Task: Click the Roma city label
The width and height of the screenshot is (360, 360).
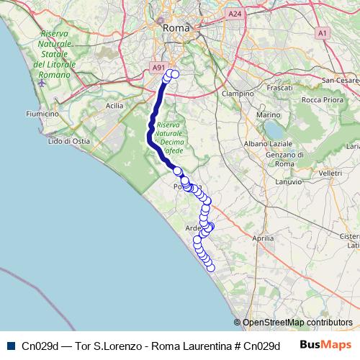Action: coord(176,27)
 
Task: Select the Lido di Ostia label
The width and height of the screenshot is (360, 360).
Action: coord(68,141)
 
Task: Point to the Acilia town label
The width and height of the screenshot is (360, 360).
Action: coord(114,105)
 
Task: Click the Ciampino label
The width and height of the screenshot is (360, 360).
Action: coord(238,94)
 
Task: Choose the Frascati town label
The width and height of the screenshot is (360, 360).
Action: coord(278,87)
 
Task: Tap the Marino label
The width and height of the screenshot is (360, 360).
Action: coord(268,114)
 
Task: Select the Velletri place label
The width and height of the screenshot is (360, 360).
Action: coord(330,174)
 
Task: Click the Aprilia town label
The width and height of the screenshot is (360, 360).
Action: coord(264,237)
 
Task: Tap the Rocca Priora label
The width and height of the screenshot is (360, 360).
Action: coord(321,99)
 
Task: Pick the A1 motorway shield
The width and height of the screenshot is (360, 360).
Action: coord(322,32)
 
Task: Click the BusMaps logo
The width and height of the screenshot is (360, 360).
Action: coord(323,345)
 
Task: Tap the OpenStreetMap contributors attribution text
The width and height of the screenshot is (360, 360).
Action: coord(297,323)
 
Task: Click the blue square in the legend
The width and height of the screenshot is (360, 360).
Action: coord(10,346)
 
